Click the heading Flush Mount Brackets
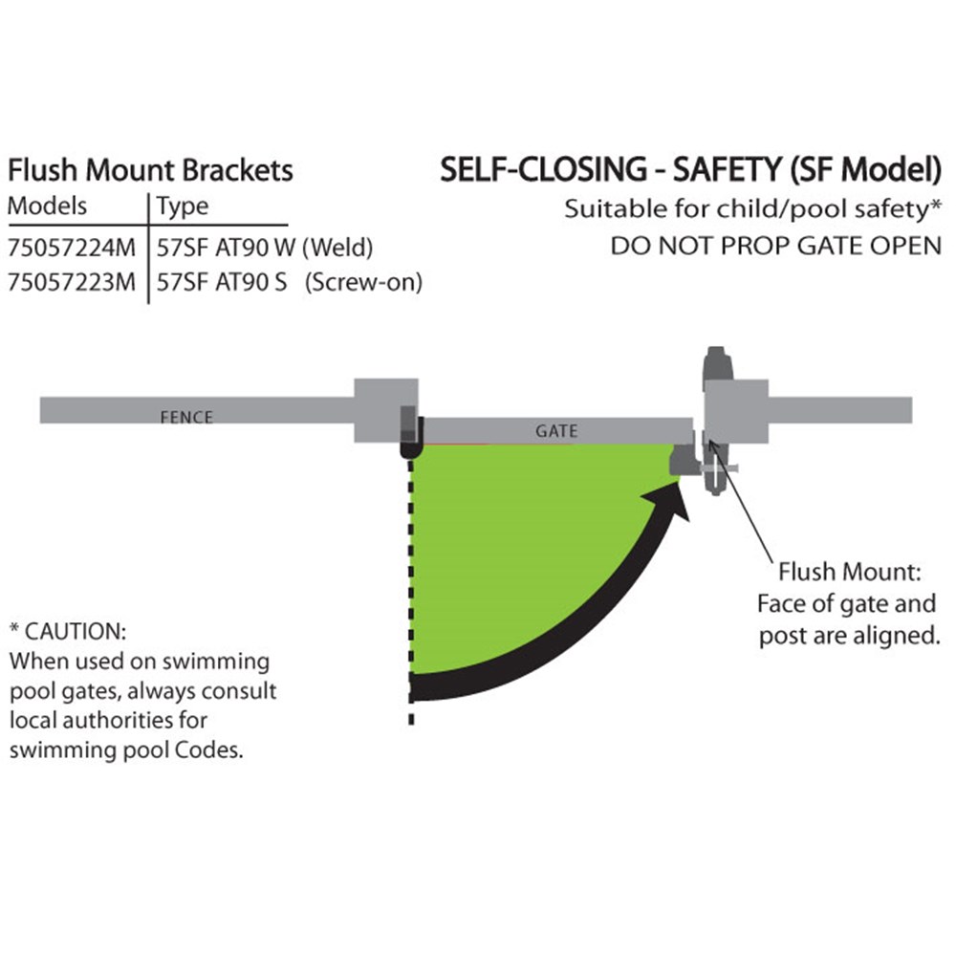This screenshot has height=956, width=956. point(150,171)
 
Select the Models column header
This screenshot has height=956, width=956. point(47,206)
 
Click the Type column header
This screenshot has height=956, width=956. point(182,206)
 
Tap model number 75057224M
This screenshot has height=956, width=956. point(72,248)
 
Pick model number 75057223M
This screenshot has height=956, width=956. point(72,283)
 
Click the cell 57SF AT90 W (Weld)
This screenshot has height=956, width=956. point(264,248)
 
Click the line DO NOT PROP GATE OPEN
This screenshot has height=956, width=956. point(775,246)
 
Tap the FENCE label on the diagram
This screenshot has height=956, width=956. point(186,417)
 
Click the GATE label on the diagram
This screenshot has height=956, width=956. point(555,431)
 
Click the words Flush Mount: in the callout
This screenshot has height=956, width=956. point(849,574)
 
